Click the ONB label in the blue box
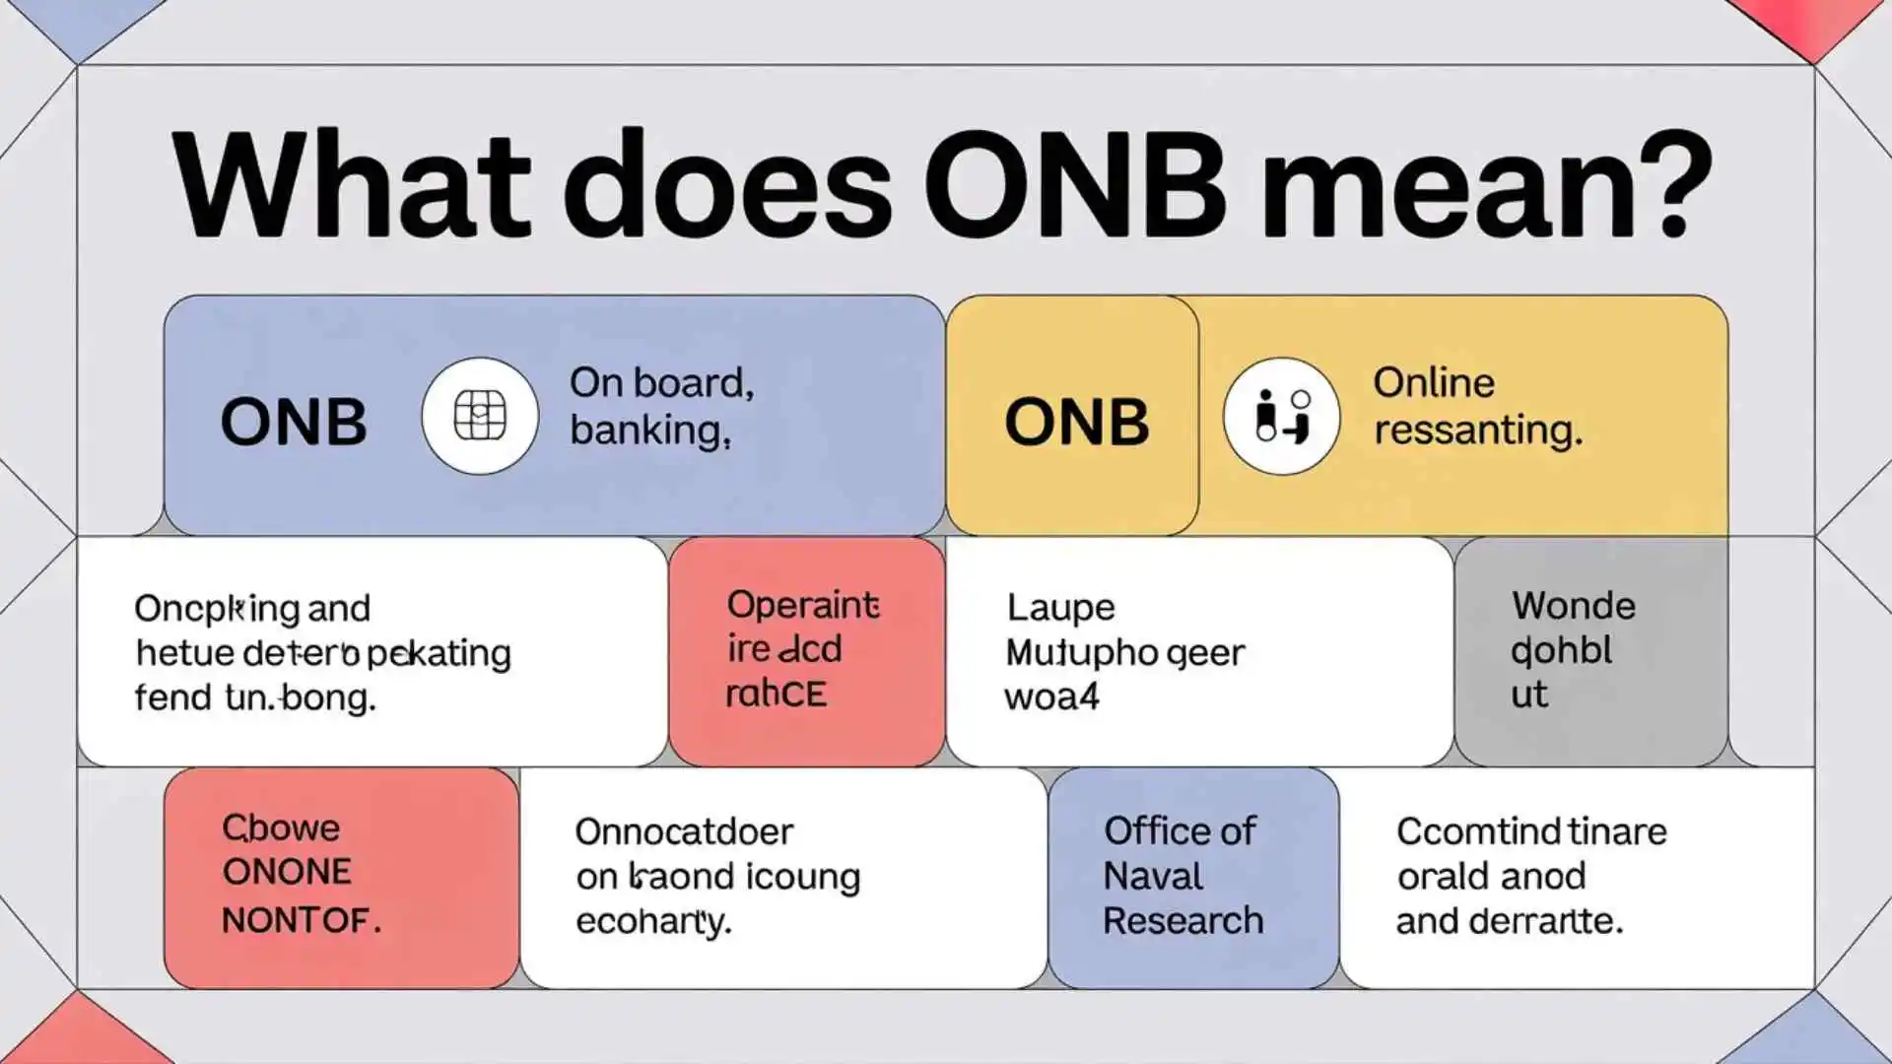click(x=293, y=423)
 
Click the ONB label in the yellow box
click(x=1076, y=423)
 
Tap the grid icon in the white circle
click(x=480, y=416)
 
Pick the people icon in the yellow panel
click(x=1281, y=416)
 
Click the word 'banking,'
click(x=650, y=431)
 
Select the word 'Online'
click(x=1434, y=382)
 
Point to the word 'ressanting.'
click(x=1478, y=431)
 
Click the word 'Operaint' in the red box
click(x=802, y=605)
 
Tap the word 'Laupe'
click(x=1060, y=608)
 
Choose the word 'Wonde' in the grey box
click(x=1573, y=606)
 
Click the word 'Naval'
click(x=1153, y=876)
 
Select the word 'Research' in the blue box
click(x=1182, y=921)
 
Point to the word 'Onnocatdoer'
click(x=684, y=832)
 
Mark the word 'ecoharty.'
click(x=653, y=922)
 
